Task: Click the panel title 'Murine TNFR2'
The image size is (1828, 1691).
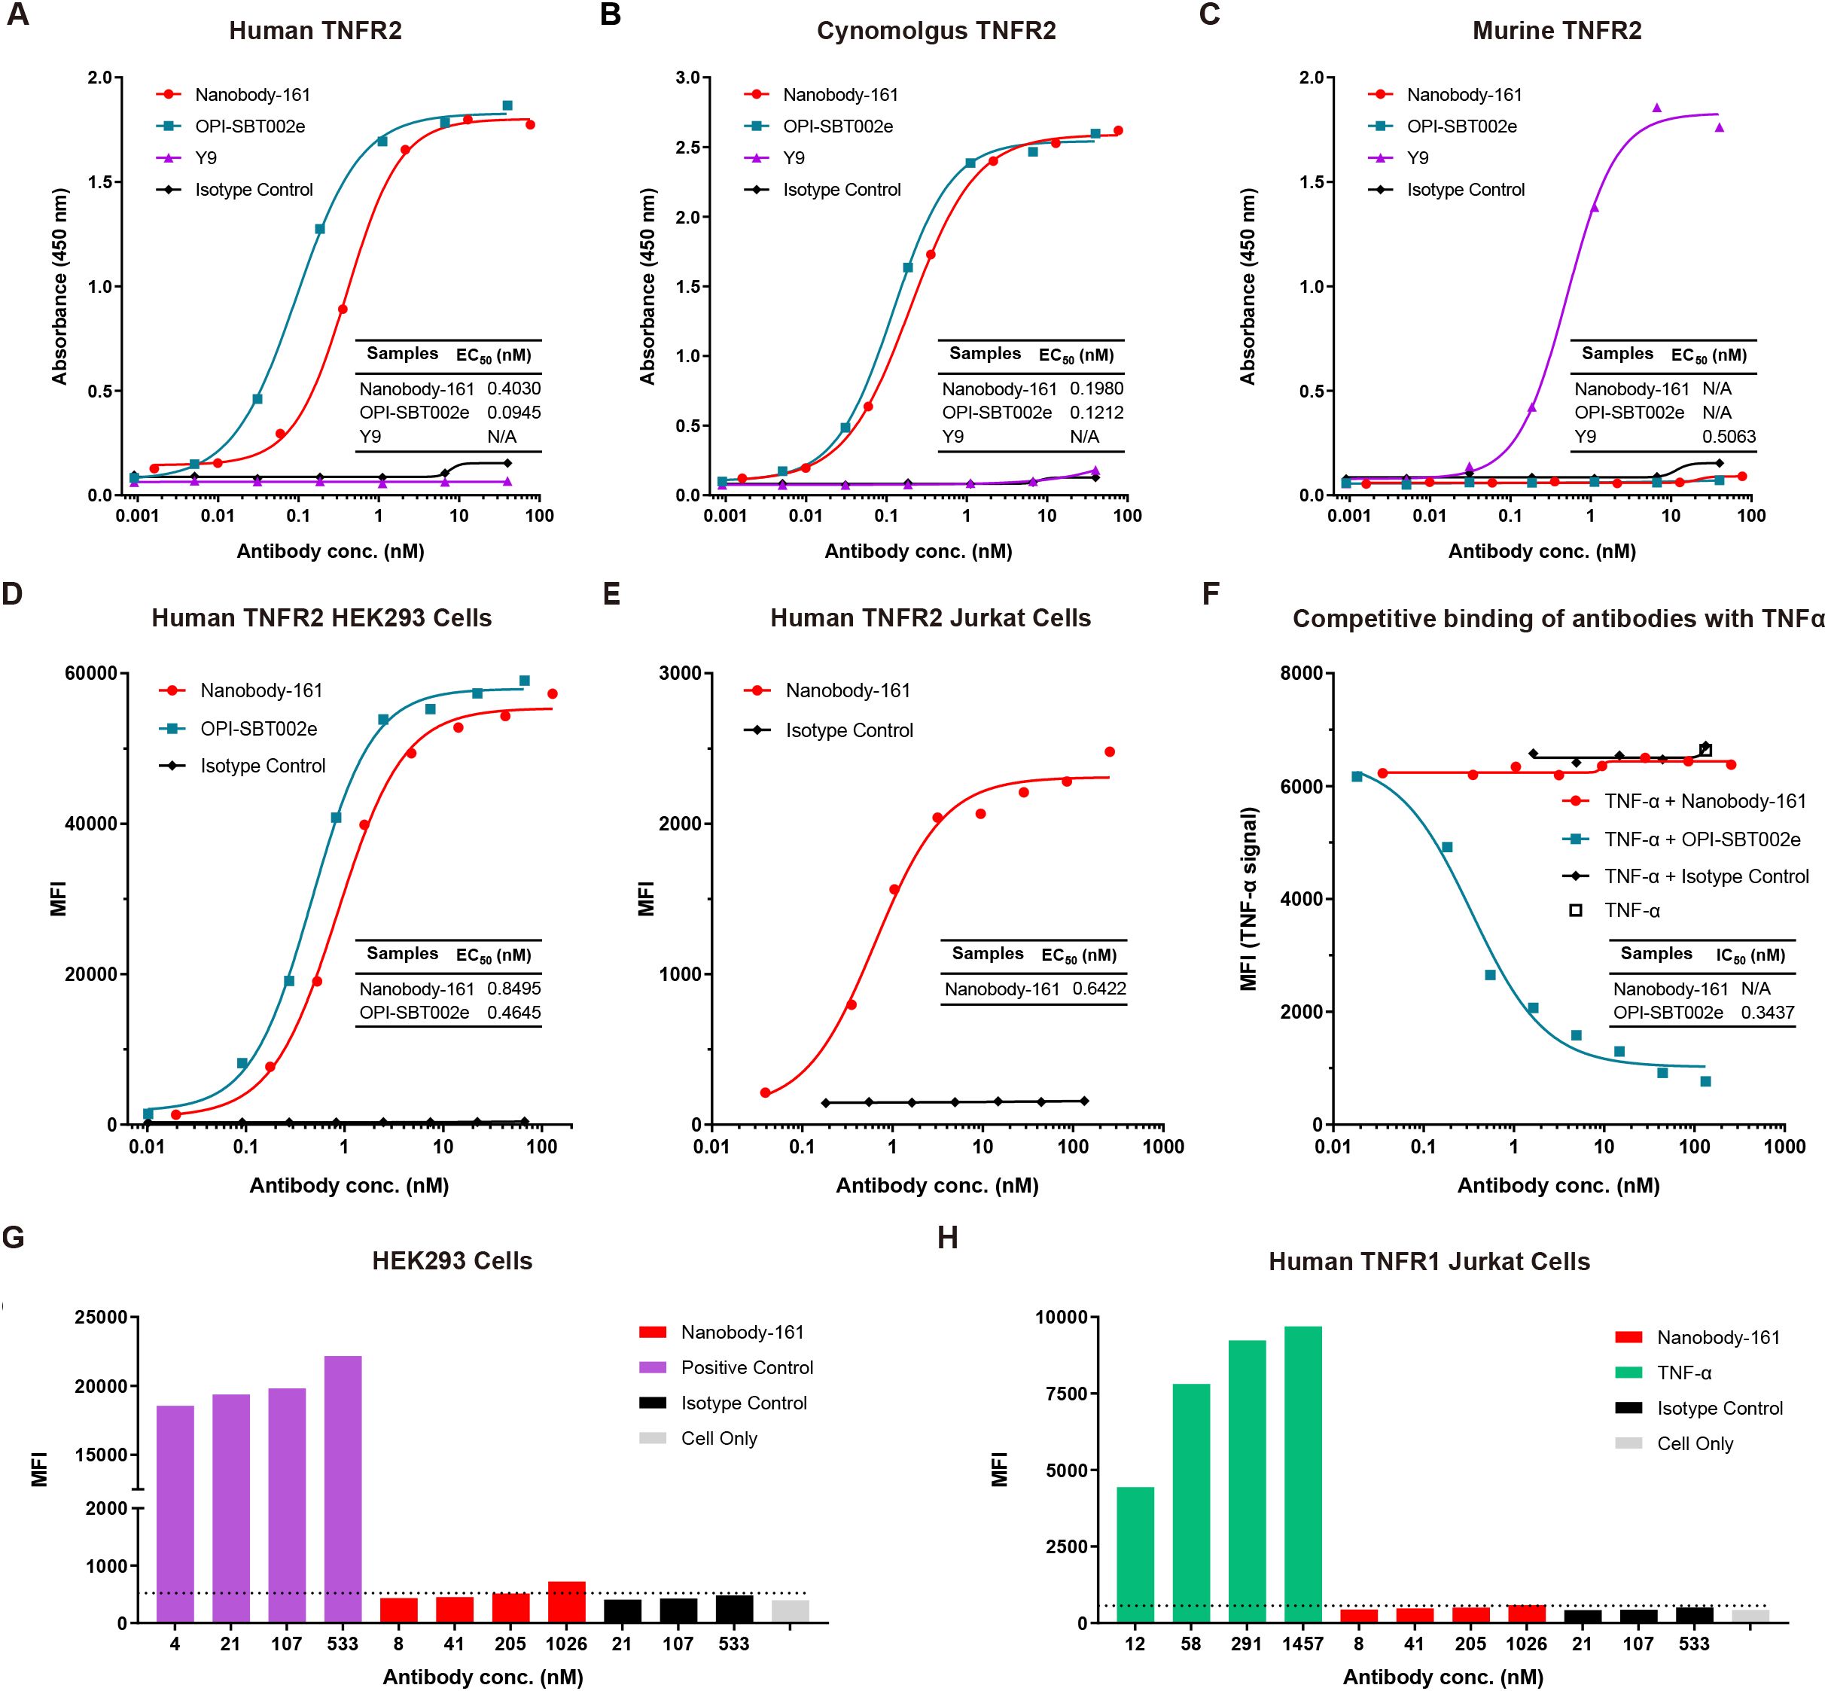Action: (x=1556, y=31)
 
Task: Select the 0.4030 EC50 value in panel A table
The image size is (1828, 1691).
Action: (x=513, y=389)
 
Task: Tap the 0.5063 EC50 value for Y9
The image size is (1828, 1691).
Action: (x=1729, y=437)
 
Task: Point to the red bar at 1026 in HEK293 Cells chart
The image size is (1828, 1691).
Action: (x=566, y=1601)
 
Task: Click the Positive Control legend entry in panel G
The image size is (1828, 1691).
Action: (x=747, y=1368)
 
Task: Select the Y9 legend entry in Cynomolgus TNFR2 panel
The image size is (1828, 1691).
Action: (x=794, y=158)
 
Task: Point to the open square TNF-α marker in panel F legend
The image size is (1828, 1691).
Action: (x=1576, y=910)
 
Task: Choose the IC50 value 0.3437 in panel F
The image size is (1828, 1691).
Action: (x=1768, y=1012)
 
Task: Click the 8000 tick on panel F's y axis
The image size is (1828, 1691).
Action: (x=1301, y=674)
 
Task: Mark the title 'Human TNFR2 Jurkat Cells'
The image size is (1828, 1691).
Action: (x=931, y=619)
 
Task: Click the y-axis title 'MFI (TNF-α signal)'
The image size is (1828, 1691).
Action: (x=1249, y=898)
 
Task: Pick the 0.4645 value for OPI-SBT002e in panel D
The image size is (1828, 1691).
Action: (x=513, y=1012)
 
